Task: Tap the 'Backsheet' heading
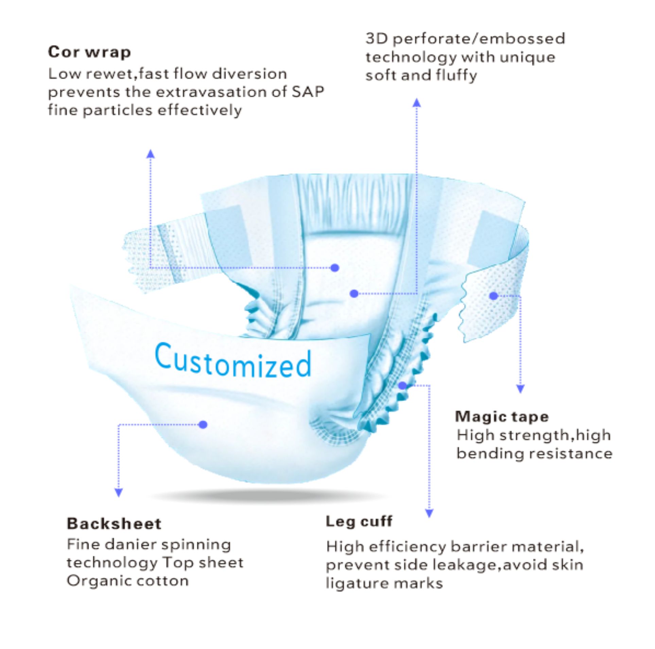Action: [114, 523]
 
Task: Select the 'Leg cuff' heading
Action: [359, 521]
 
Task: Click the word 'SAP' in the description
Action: [308, 92]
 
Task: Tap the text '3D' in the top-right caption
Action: [377, 39]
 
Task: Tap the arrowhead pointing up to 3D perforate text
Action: [417, 102]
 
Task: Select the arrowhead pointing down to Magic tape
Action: [520, 389]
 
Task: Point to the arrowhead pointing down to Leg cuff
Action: [429, 513]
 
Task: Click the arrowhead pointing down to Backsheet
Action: [118, 493]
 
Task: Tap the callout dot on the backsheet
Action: [203, 425]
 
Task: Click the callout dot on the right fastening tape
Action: [494, 296]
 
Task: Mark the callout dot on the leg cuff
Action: [403, 385]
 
